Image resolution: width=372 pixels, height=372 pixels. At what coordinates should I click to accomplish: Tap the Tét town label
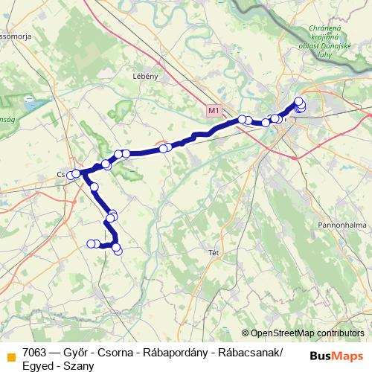(x=214, y=252)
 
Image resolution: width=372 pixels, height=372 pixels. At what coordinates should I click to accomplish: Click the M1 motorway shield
(x=214, y=111)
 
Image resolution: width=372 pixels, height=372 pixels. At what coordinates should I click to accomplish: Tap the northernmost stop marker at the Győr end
(x=299, y=101)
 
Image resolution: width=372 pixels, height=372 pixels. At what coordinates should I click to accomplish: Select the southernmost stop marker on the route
(x=118, y=251)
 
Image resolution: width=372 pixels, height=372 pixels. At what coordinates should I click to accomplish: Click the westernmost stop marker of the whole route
(x=71, y=175)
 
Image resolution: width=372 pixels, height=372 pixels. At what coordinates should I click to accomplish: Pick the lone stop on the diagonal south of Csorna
(x=94, y=187)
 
